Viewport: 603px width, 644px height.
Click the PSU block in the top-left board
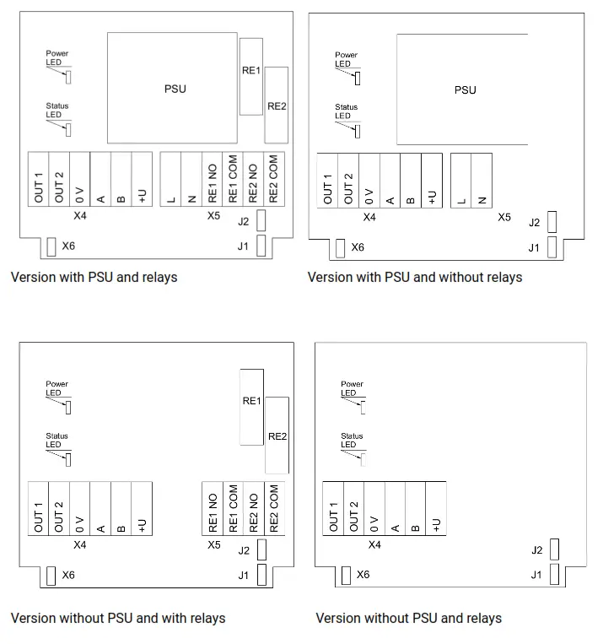point(174,88)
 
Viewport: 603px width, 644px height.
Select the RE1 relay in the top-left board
point(250,76)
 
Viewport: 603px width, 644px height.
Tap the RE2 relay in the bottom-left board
point(277,436)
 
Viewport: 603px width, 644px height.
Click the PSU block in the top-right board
point(463,89)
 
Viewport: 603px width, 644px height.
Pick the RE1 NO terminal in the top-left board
point(213,179)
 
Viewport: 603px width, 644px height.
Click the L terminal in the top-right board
point(461,179)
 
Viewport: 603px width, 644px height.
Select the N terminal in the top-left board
point(191,179)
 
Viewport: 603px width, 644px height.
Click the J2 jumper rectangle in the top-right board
point(552,222)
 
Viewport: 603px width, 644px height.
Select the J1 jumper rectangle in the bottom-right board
point(554,575)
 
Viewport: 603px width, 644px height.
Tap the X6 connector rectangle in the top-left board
point(51,246)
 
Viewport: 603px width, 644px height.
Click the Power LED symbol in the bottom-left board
point(68,408)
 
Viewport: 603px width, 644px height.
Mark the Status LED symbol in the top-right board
point(358,131)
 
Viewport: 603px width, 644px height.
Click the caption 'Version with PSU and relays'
point(94,277)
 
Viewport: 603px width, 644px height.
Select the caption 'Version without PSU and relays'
point(408,619)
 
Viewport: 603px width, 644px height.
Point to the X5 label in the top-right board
point(503,218)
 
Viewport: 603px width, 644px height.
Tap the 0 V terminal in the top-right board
point(369,179)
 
